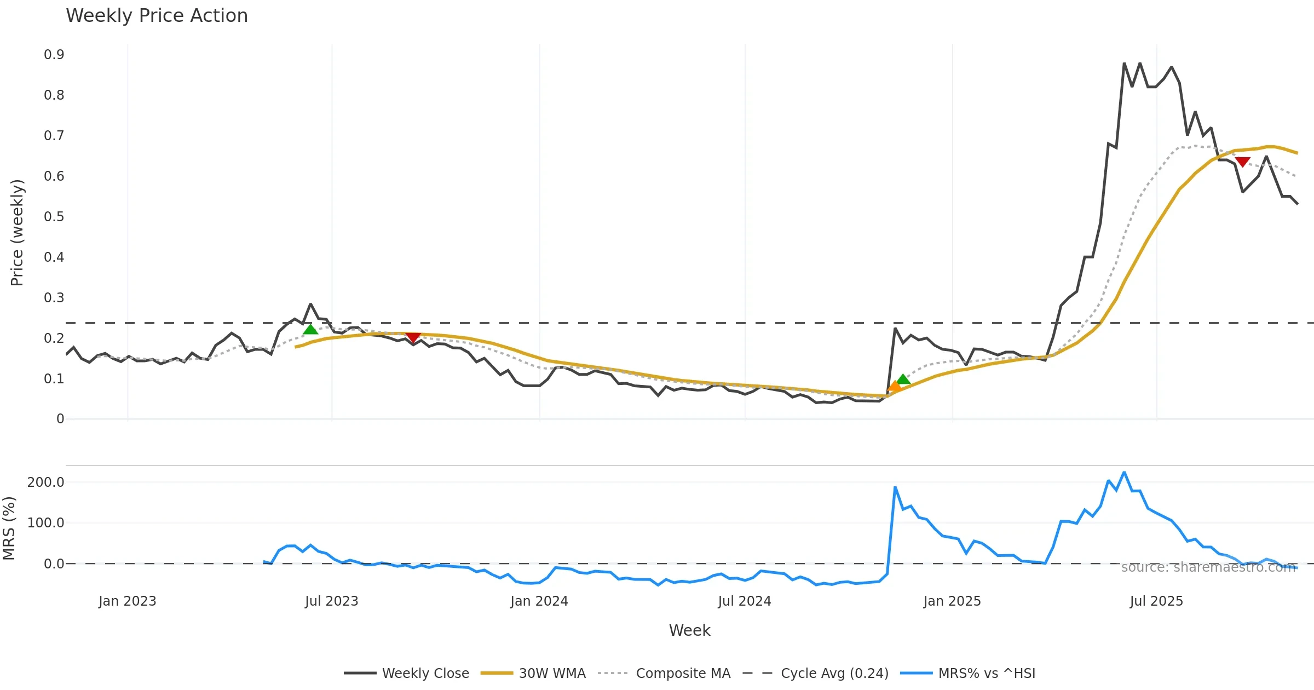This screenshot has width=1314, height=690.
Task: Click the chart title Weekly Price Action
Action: pyautogui.click(x=157, y=16)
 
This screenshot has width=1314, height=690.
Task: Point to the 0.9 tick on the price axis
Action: pyautogui.click(x=54, y=55)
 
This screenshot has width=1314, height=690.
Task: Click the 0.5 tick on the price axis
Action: pyautogui.click(x=54, y=217)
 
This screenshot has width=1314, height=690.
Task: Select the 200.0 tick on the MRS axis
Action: pyautogui.click(x=46, y=482)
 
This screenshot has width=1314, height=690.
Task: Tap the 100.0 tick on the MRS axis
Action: pyautogui.click(x=46, y=523)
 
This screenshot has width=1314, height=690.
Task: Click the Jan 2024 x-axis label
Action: pyautogui.click(x=539, y=601)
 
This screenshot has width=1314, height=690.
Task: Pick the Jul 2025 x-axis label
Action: pyautogui.click(x=1156, y=601)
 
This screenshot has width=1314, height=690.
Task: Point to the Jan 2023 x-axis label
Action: pyautogui.click(x=128, y=601)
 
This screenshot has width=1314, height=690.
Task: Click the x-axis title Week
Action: pyautogui.click(x=689, y=630)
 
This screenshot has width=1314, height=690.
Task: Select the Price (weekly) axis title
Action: pyautogui.click(x=17, y=232)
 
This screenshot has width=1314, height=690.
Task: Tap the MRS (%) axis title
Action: pyautogui.click(x=9, y=528)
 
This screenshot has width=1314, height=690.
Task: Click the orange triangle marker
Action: pyautogui.click(x=894, y=386)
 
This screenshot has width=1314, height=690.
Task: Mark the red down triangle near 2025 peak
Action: pyautogui.click(x=1243, y=162)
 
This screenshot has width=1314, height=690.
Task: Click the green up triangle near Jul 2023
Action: pyautogui.click(x=310, y=329)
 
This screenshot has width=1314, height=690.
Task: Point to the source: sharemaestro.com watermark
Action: pyautogui.click(x=1208, y=567)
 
